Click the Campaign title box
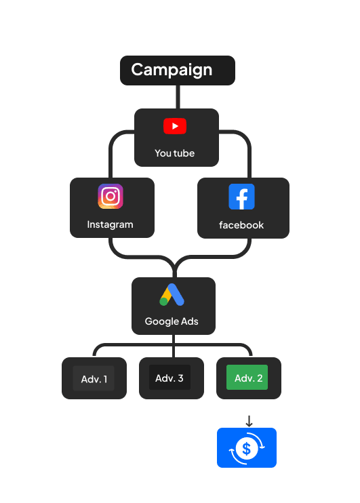click(178, 71)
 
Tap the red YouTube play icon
click(175, 126)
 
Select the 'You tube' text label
click(174, 153)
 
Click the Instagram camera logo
click(111, 196)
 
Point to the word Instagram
click(110, 224)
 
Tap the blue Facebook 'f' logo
click(241, 197)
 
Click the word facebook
click(241, 225)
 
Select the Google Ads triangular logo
click(172, 294)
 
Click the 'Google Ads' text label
click(172, 321)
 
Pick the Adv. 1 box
click(94, 378)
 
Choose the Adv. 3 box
click(172, 378)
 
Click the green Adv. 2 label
click(247, 377)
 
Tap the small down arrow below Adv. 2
click(249, 421)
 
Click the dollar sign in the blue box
click(246, 449)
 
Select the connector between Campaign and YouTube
click(178, 97)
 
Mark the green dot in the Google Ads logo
click(163, 302)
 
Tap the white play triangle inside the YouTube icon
click(175, 126)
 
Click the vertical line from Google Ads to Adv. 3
click(174, 346)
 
